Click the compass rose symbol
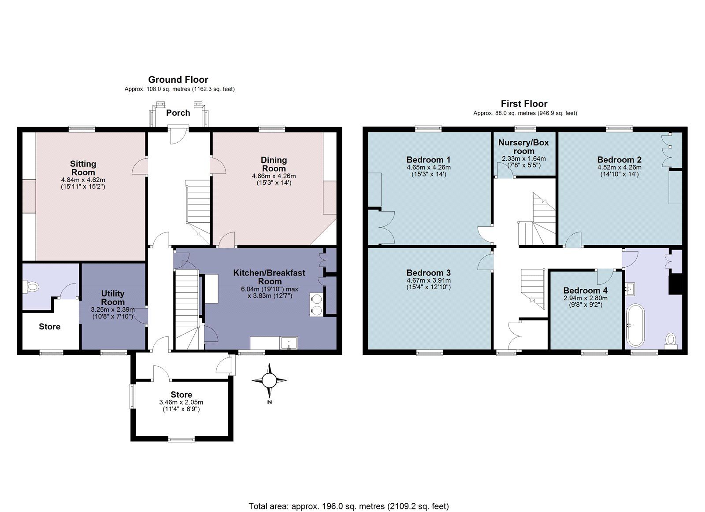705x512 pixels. (269, 379)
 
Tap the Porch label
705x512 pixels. (178, 113)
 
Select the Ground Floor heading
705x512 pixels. (178, 80)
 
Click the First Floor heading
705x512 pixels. (524, 104)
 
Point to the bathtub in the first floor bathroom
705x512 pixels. (635, 325)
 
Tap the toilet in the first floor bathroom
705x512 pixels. (671, 339)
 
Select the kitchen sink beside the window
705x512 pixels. (289, 343)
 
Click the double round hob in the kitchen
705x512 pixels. (316, 304)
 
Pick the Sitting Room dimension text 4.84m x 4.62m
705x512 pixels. (83, 180)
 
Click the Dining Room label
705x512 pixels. (274, 164)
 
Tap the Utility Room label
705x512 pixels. (113, 298)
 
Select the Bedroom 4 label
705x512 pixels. (585, 291)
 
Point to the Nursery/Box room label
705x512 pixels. (523, 147)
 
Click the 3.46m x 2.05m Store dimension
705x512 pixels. (181, 402)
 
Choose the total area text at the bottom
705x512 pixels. (349, 506)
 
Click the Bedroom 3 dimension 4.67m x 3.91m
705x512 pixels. (428, 280)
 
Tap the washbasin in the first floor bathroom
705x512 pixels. (631, 289)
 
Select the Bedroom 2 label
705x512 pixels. (619, 160)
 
